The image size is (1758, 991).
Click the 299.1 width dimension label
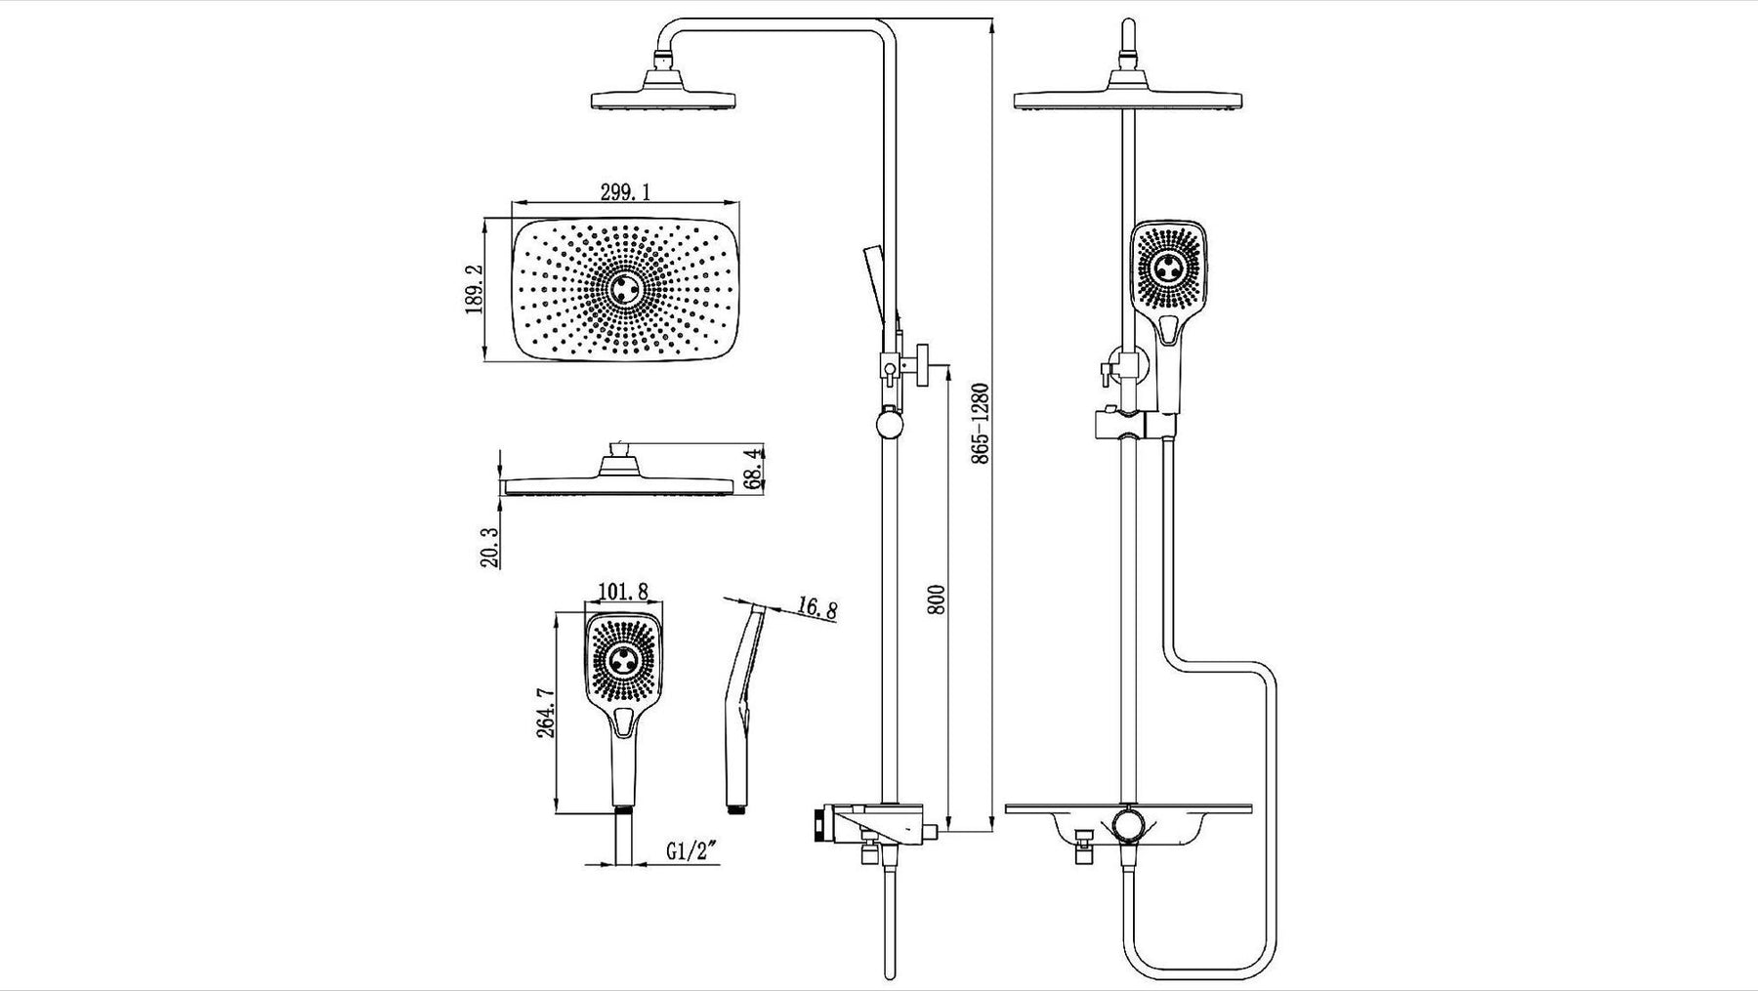point(626,192)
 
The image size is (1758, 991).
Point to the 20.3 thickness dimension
point(490,547)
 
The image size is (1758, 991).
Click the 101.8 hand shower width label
point(623,592)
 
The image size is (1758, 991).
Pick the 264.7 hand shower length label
point(546,714)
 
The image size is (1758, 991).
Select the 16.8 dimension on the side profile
point(816,609)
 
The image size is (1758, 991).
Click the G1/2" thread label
point(692,850)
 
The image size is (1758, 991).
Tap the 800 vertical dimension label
point(935,600)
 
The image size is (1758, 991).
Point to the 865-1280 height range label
point(982,422)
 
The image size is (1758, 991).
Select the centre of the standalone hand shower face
point(624,661)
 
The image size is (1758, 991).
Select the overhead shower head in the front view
point(1130,98)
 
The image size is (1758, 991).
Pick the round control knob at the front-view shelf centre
point(1130,822)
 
